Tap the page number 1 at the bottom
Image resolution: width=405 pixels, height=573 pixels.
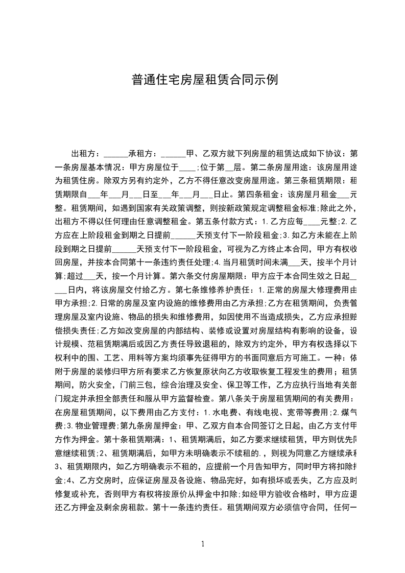203,544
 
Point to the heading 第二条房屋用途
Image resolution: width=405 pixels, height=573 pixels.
280,166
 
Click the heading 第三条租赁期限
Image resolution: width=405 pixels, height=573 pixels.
318,180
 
